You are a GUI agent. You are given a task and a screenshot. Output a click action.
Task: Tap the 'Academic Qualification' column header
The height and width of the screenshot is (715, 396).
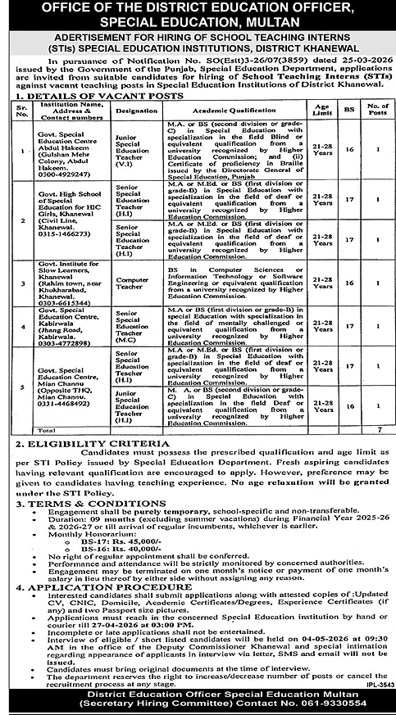(216, 108)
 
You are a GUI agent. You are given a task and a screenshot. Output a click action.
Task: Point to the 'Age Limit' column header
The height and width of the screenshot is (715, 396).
(321, 108)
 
